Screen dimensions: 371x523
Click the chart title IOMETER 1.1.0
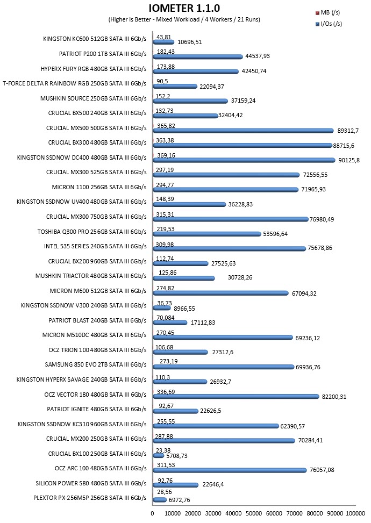tap(184, 8)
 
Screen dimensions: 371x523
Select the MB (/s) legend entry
tap(327, 13)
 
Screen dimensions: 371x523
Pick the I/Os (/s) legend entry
tap(329, 24)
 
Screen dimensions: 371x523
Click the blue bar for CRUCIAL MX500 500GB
tap(243, 131)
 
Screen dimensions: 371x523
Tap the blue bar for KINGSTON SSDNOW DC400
tap(244, 160)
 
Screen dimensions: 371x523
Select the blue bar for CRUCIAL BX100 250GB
tap(159, 456)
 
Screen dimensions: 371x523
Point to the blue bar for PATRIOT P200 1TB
tap(198, 56)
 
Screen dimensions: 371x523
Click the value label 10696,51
tap(189, 42)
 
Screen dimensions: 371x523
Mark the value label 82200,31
tap(334, 397)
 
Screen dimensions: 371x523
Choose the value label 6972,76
tap(180, 500)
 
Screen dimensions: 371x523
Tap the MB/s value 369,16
tap(166, 155)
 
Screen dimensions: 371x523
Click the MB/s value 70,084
tap(166, 318)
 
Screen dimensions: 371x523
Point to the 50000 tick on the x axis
tap(254, 513)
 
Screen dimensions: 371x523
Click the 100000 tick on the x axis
tap(355, 513)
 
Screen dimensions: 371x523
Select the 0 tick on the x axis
tap(153, 513)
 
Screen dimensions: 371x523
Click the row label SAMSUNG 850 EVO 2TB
tap(95, 364)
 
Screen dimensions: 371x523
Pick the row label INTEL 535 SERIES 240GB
tap(95, 246)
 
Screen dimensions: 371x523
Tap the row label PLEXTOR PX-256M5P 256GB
tap(90, 498)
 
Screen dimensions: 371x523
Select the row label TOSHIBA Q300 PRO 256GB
tap(92, 232)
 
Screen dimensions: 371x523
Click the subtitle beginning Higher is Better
tap(184, 19)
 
